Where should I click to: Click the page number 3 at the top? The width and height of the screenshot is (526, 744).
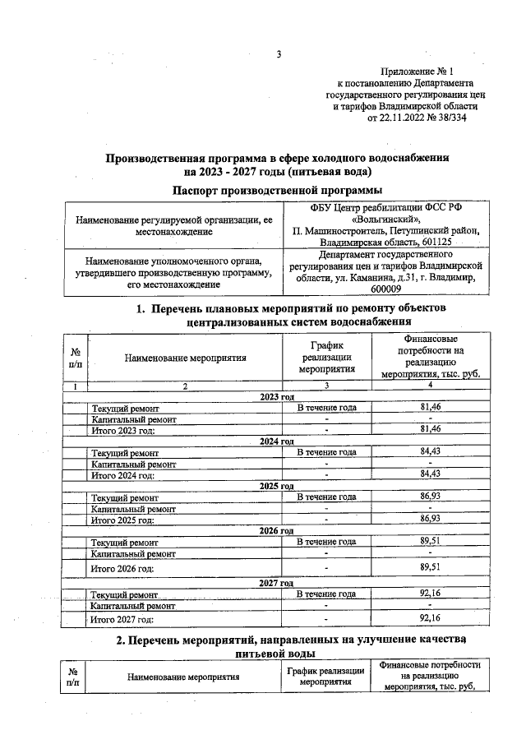(279, 55)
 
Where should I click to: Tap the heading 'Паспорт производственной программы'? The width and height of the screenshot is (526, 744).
(279, 190)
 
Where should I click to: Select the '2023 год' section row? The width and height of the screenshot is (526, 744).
(278, 397)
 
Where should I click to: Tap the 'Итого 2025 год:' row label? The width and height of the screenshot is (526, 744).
(123, 520)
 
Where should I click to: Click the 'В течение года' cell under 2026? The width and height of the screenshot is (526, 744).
(326, 542)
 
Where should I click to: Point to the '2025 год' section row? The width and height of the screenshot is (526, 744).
(278, 486)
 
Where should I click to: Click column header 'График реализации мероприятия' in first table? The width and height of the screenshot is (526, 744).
(326, 358)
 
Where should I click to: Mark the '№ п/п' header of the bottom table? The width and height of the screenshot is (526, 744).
(74, 677)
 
